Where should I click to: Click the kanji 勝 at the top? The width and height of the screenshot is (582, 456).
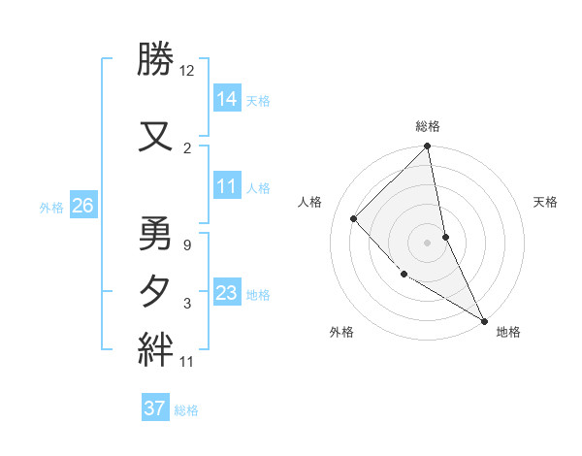pyautogui.click(x=155, y=60)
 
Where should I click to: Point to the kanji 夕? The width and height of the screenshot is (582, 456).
pyautogui.click(x=155, y=290)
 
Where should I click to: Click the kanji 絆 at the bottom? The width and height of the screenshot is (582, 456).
pyautogui.click(x=155, y=347)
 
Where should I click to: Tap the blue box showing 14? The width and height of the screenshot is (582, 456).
pyautogui.click(x=228, y=98)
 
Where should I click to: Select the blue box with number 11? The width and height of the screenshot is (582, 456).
pyautogui.click(x=228, y=186)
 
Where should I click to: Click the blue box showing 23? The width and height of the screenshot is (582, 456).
pyautogui.click(x=228, y=293)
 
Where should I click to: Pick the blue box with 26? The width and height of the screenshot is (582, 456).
pyautogui.click(x=82, y=206)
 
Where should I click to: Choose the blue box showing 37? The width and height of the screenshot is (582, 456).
pyautogui.click(x=155, y=408)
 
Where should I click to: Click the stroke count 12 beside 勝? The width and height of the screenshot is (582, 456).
pyautogui.click(x=187, y=72)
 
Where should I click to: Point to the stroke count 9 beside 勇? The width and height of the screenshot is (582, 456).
pyautogui.click(x=187, y=244)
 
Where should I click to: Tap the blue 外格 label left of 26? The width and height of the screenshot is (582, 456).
pyautogui.click(x=51, y=207)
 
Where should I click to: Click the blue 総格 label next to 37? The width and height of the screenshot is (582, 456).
pyautogui.click(x=186, y=409)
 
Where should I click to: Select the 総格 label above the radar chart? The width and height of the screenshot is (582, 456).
pyautogui.click(x=427, y=126)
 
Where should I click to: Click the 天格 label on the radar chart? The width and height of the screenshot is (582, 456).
pyautogui.click(x=545, y=202)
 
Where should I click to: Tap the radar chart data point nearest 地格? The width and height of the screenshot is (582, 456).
pyautogui.click(x=484, y=320)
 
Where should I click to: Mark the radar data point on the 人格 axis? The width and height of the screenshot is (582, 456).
pyautogui.click(x=354, y=218)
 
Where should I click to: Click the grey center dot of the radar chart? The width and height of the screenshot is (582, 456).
pyautogui.click(x=427, y=242)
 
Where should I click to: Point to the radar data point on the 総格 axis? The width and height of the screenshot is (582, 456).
pyautogui.click(x=427, y=147)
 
